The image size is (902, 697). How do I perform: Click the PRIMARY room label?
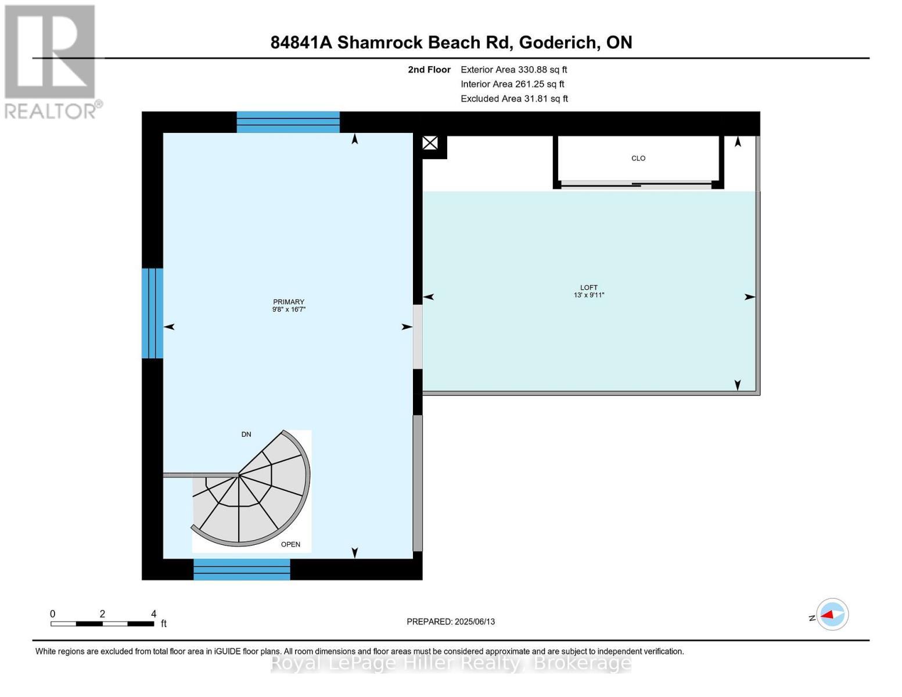tap(289, 301)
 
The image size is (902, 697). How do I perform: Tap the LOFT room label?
tap(588, 288)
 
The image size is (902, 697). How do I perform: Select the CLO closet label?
tap(638, 159)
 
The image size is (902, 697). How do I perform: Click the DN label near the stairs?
tap(246, 434)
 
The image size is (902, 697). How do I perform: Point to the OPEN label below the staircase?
tap(290, 544)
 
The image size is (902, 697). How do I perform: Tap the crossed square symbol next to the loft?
tap(430, 143)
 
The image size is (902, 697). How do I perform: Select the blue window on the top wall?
tap(288, 123)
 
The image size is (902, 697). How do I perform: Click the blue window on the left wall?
tap(152, 313)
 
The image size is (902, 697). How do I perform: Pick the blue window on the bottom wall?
tap(242, 569)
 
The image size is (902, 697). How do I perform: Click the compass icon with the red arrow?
tap(832, 614)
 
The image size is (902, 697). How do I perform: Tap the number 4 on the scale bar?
tap(153, 614)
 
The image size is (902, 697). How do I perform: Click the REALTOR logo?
tap(51, 61)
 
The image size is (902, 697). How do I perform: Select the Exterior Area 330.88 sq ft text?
tap(513, 70)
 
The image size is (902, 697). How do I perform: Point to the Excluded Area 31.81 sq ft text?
tap(514, 99)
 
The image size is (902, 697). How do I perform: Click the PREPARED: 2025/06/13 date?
tap(451, 621)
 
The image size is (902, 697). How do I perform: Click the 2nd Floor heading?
tap(429, 70)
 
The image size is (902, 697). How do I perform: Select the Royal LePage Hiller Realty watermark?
tap(451, 663)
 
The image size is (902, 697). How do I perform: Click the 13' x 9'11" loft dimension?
tap(588, 295)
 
